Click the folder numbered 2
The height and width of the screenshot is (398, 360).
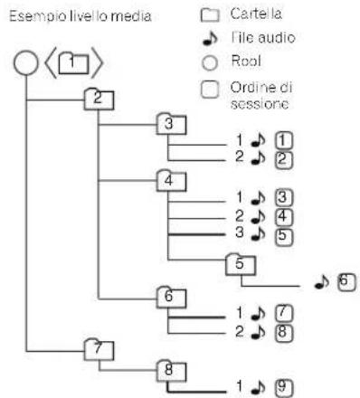(x=94, y=98)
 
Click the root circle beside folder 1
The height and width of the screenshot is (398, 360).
(x=26, y=64)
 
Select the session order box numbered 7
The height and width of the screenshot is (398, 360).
(x=284, y=312)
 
